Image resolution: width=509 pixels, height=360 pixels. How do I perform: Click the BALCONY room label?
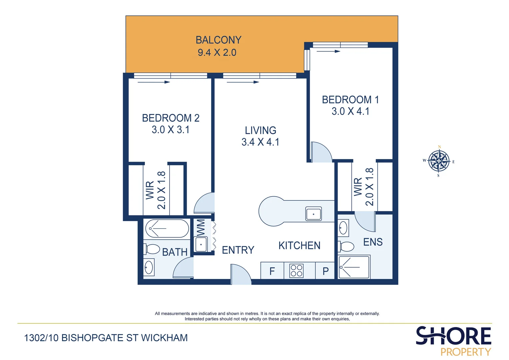[x=218, y=40]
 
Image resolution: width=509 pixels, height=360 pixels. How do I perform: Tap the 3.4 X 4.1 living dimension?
[x=260, y=142]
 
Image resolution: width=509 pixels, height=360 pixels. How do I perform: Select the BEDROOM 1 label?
[x=350, y=100]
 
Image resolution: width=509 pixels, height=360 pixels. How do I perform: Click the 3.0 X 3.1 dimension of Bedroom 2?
[x=171, y=130]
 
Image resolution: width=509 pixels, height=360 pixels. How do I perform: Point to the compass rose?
[x=439, y=161]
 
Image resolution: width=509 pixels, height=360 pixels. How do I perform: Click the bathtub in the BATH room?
[x=167, y=229]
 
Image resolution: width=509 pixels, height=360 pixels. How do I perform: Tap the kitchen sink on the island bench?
[x=313, y=214]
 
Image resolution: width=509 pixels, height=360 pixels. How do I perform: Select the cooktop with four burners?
[x=296, y=271]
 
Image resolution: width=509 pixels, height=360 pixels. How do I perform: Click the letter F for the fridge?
[x=272, y=271]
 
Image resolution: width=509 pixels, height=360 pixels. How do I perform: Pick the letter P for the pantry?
[x=325, y=271]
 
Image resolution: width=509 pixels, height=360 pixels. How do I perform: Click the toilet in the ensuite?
[x=346, y=247]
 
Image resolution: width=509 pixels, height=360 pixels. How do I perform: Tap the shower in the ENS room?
[x=354, y=267]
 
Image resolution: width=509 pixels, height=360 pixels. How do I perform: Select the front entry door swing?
[x=241, y=274]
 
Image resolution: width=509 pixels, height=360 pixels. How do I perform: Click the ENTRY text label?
[x=238, y=250]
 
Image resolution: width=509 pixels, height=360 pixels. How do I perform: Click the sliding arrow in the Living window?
[x=243, y=82]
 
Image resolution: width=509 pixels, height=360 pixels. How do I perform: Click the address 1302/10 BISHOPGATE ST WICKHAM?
[x=106, y=338]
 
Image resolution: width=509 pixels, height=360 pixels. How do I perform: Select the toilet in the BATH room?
[x=152, y=249]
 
